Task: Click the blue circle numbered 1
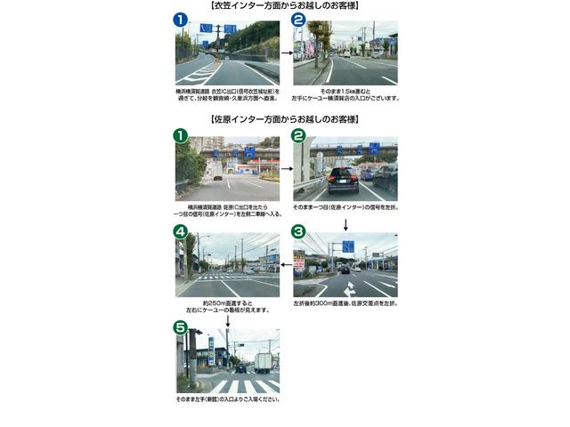pos(181,20)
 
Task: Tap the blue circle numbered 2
pos(298,20)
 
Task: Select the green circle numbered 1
pos(181,135)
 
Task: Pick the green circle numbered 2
pos(298,135)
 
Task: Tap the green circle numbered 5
pos(181,327)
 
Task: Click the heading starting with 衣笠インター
pos(285,5)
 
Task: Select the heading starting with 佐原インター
pos(285,119)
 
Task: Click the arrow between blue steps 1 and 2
pos(286,52)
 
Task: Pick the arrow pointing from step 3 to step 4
pos(286,263)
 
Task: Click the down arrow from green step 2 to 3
pos(346,222)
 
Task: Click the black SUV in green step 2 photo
pos(341,180)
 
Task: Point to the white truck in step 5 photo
pos(263,362)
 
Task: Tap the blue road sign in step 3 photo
pos(347,246)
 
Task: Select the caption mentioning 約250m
pos(228,305)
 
